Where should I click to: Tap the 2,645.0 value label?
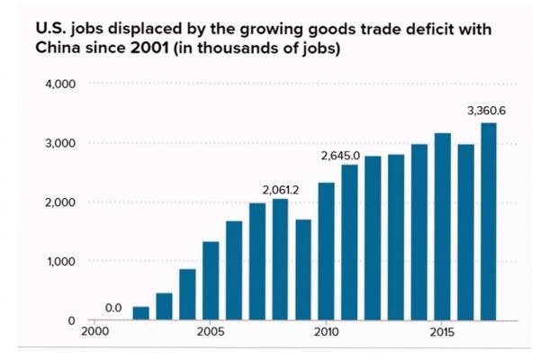point(341,156)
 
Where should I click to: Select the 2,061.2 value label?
point(280,190)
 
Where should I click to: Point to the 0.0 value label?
point(113,309)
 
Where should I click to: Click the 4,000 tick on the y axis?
point(59,84)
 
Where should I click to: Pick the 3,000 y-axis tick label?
point(59,143)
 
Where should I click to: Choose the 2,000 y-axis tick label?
point(59,202)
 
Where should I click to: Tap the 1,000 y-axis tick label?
point(59,262)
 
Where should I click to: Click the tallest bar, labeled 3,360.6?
point(489,221)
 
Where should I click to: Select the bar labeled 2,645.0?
point(349,243)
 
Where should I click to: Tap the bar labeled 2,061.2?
point(280,260)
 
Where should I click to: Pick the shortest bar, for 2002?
point(140,313)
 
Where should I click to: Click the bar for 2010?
point(326,252)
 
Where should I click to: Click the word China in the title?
point(59,49)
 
